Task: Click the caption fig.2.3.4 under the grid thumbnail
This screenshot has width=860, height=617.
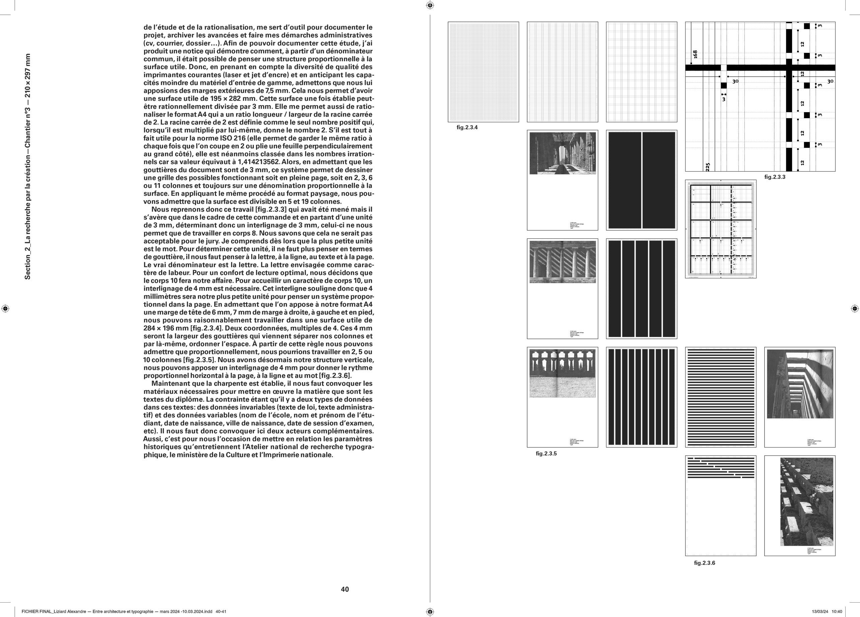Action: click(467, 127)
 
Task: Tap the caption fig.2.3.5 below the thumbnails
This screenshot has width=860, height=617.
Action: click(546, 454)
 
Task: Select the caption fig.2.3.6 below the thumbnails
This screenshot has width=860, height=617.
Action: click(705, 563)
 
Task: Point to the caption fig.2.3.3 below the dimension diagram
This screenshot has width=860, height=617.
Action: click(775, 177)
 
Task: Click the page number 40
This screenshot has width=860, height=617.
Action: click(345, 589)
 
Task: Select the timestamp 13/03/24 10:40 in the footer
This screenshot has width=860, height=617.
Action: click(827, 611)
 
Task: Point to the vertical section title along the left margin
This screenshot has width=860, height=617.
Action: click(27, 167)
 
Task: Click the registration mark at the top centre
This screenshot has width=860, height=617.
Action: click(430, 5)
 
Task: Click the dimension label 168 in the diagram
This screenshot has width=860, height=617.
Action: click(695, 54)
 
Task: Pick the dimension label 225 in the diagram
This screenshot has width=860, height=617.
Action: click(708, 166)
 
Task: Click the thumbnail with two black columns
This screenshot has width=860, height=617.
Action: click(641, 180)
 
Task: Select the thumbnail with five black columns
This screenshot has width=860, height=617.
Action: click(641, 289)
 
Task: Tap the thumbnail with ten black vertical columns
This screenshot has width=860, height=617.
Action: click(641, 397)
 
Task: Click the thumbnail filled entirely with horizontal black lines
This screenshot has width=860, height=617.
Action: click(720, 397)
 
